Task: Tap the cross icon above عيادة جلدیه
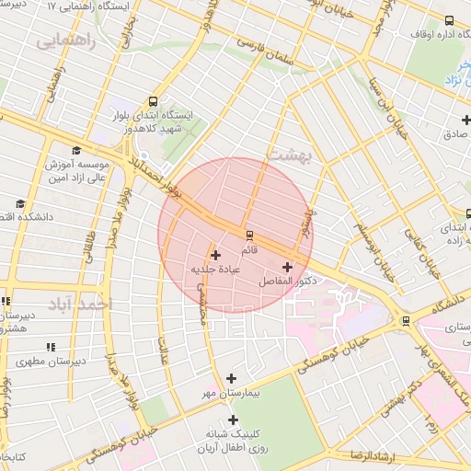click(216, 255)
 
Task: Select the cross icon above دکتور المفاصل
click(288, 266)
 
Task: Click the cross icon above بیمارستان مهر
click(230, 378)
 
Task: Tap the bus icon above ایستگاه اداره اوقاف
click(449, 20)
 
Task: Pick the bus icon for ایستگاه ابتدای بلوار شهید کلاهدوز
click(151, 102)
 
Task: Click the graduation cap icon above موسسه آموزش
click(75, 152)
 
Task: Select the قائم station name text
click(248, 251)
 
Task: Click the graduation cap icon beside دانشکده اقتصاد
click(19, 204)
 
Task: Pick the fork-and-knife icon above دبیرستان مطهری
click(51, 347)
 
